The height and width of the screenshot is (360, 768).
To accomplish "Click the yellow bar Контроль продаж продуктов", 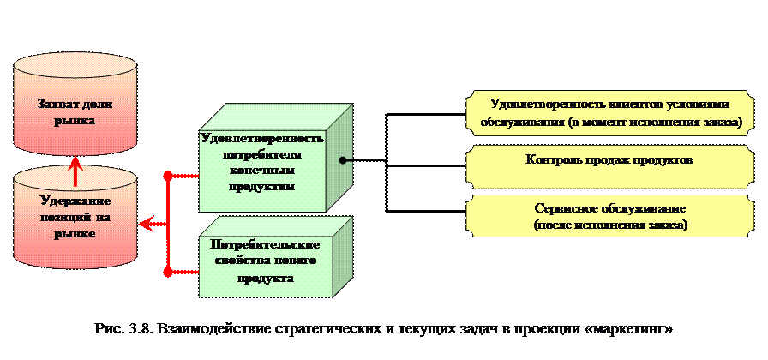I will [609, 160].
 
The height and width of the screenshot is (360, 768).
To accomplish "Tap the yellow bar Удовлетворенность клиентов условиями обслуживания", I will [609, 112].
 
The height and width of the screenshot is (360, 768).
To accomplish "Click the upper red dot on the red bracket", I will [168, 177].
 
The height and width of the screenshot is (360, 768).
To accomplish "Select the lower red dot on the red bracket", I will [168, 272].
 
